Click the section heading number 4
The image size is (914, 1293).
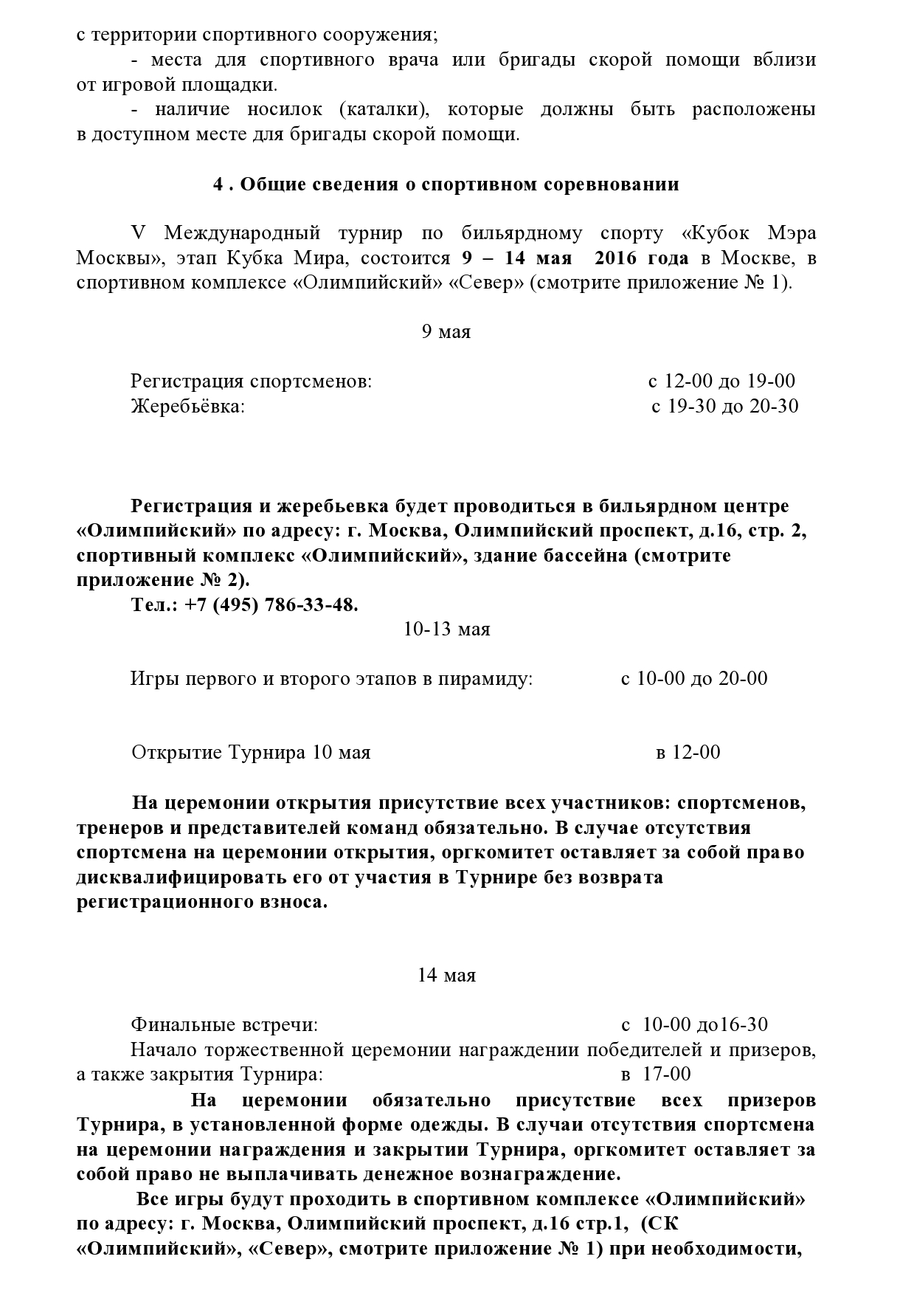pyautogui.click(x=218, y=185)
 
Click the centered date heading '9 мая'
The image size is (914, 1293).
pyautogui.click(x=446, y=332)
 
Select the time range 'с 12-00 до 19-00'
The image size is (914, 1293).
pyautogui.click(x=721, y=382)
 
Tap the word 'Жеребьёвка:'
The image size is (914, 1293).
pyautogui.click(x=187, y=406)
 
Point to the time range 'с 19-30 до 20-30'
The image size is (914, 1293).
pyautogui.click(x=724, y=406)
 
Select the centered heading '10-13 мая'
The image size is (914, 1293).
pyautogui.click(x=446, y=630)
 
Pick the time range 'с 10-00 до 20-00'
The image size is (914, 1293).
pyautogui.click(x=694, y=678)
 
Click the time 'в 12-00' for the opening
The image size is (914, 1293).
pyautogui.click(x=688, y=753)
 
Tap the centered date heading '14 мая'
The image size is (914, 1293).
pyautogui.click(x=446, y=976)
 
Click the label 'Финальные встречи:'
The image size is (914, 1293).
pyautogui.click(x=224, y=1025)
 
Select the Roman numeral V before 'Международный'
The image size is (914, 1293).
pyautogui.click(x=137, y=234)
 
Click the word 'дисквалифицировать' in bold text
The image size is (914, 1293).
pyautogui.click(x=178, y=877)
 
